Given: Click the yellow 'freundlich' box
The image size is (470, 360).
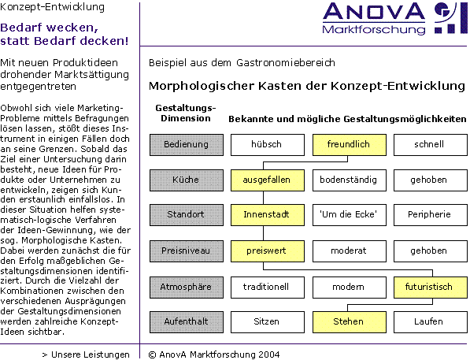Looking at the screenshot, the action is tap(350, 145).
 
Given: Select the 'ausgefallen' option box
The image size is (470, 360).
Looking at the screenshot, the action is tap(268, 180).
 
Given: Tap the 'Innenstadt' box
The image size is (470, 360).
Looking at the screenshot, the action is tap(268, 215).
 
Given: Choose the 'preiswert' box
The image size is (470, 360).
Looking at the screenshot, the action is tap(268, 251).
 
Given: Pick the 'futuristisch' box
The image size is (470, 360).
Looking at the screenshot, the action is tap(431, 288).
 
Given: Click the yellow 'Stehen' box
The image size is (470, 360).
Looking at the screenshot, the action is tap(350, 322).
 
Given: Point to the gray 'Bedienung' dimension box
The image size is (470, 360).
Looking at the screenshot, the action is tap(187, 145).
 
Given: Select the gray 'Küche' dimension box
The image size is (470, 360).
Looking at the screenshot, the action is tap(187, 180).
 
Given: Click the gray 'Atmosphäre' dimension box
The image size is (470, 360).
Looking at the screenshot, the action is tap(187, 288).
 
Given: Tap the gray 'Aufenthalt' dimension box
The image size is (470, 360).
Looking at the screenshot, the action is tap(187, 322).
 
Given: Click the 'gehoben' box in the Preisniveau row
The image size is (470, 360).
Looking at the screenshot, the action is tap(431, 251).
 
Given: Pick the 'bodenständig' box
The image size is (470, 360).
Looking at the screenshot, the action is tap(350, 180).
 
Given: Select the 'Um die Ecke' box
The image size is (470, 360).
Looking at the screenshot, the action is tap(350, 215).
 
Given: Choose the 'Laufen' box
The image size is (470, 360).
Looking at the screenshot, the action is tap(431, 322).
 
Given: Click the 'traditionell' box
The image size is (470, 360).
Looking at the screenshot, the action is tap(268, 288).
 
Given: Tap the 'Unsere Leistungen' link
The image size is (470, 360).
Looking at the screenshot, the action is tap(86, 354).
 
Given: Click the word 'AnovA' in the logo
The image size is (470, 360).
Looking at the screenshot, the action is tap(374, 12).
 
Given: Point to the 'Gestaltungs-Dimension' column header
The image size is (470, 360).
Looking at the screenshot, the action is tap(186, 113).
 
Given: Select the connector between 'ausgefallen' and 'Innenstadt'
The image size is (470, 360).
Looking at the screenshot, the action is tap(264, 198).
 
